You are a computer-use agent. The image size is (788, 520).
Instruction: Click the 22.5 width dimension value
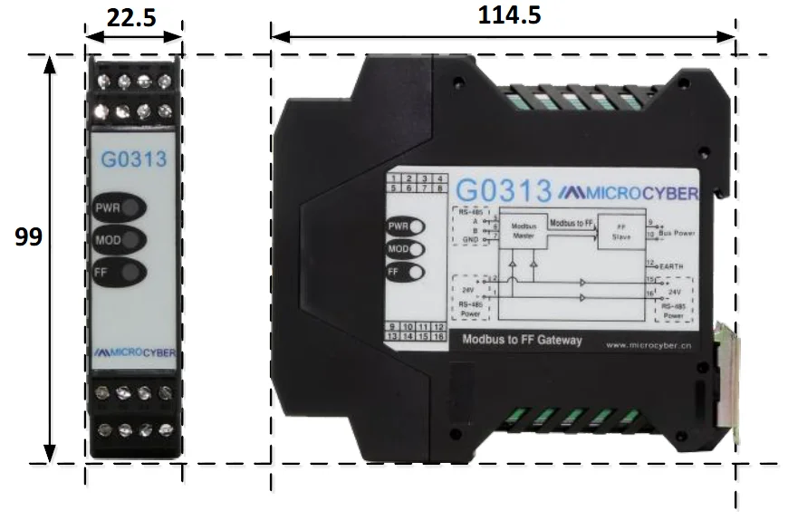click(133, 18)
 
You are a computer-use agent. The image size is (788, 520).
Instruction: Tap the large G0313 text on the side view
click(503, 191)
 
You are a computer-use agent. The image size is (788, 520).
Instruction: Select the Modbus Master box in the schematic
click(526, 231)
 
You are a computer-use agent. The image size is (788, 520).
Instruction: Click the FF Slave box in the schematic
click(621, 231)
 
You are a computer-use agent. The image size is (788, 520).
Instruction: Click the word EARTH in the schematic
click(674, 267)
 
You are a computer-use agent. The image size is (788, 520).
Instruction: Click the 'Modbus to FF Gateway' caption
click(522, 341)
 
